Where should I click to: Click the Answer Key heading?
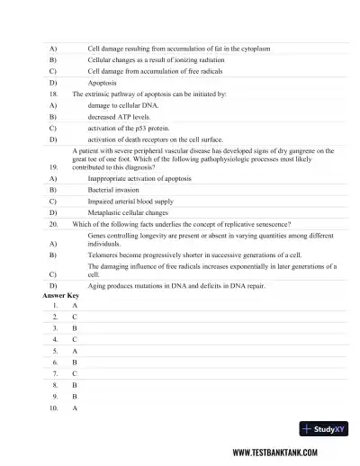pos(61,295)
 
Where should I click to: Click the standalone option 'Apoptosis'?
pos(103,82)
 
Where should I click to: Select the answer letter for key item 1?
pos(74,306)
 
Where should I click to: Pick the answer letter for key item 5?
pos(74,352)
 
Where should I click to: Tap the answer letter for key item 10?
pos(74,408)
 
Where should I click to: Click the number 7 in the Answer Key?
pos(55,374)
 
